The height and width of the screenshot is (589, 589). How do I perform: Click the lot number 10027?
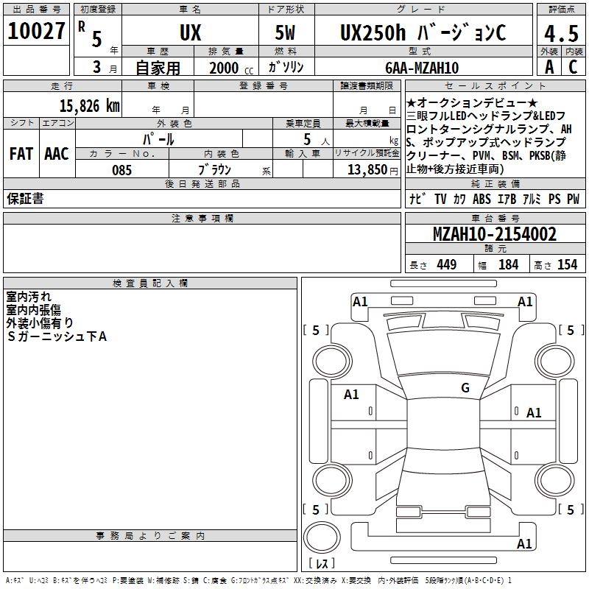click(x=36, y=31)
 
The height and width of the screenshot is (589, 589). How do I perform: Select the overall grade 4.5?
click(x=561, y=33)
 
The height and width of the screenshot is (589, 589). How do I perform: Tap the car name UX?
click(x=191, y=32)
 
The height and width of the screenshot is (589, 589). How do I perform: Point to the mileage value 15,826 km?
click(x=90, y=105)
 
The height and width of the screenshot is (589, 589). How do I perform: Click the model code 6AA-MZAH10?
click(x=422, y=68)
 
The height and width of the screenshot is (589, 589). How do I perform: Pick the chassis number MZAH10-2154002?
click(x=495, y=234)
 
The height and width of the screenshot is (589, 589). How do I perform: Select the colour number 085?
click(x=121, y=170)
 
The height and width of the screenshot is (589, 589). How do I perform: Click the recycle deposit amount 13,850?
click(x=367, y=170)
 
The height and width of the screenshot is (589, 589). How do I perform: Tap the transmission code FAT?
click(x=21, y=154)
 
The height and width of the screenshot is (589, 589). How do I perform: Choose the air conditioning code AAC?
click(x=57, y=154)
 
